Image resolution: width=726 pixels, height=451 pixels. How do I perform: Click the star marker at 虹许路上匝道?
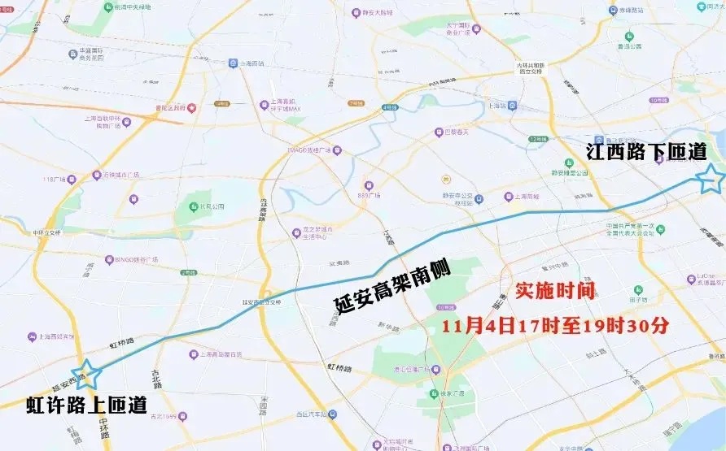87,374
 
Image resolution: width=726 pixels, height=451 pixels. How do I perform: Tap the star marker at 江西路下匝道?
711,178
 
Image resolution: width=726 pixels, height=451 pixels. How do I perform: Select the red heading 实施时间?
555,291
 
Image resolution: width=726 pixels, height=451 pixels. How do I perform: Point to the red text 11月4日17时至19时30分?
555,326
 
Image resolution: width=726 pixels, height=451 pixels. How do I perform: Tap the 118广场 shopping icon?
72,180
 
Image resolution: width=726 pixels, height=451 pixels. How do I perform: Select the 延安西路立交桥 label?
260,301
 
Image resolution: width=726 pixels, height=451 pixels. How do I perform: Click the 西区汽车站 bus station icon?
332,414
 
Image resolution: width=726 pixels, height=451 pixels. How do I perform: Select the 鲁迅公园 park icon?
629,36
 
